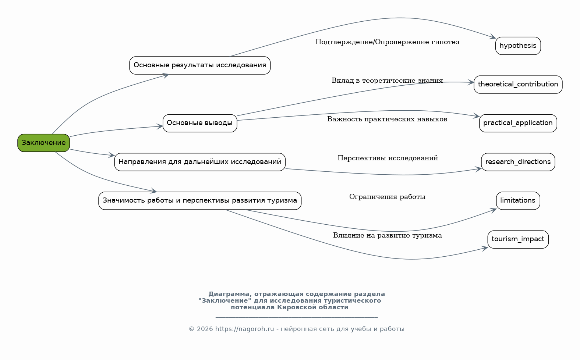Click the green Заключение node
point(43,143)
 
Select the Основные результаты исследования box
point(200,65)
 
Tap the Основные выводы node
point(200,123)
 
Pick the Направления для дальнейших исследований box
point(200,162)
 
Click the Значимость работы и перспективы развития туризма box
point(200,201)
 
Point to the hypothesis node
point(518,46)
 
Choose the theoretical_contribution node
point(518,85)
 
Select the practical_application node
point(518,123)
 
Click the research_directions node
point(518,162)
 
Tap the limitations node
point(518,201)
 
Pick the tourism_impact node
point(518,239)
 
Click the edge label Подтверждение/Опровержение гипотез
point(387,42)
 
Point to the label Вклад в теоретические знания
point(387,81)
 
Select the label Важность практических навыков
point(387,120)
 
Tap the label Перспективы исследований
point(388,158)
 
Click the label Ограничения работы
point(387,197)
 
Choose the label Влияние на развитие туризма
point(387,236)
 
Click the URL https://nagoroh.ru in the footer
point(244,329)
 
